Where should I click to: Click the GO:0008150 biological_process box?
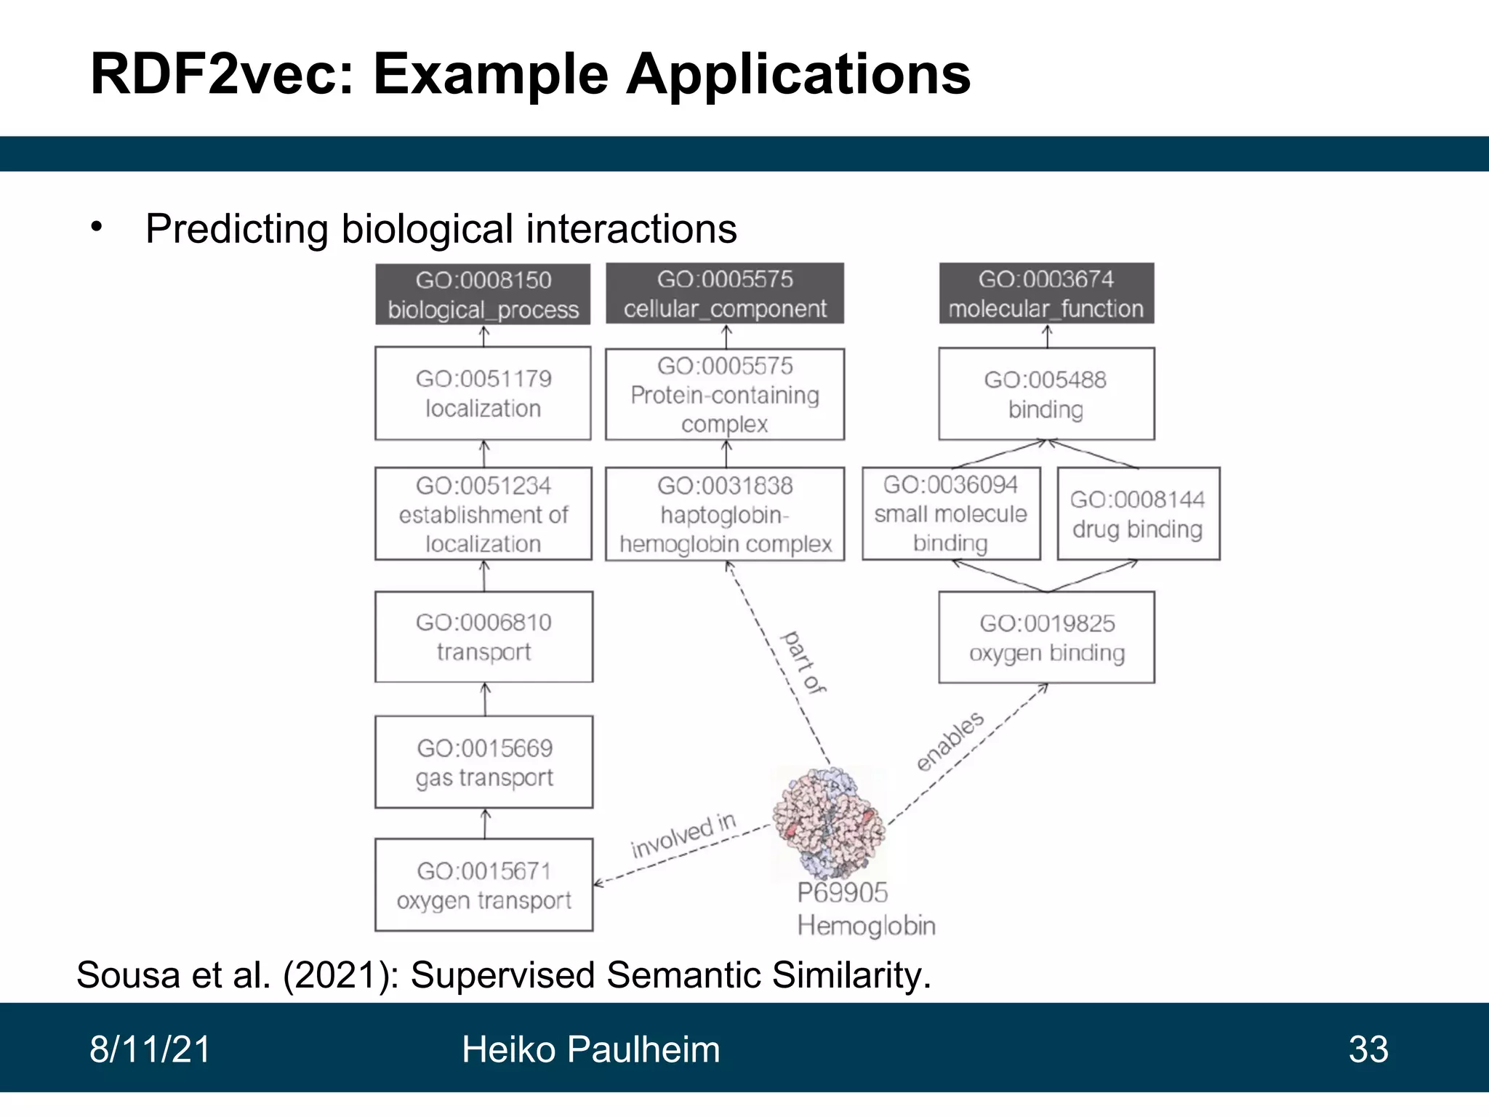click(x=483, y=294)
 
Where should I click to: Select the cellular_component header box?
click(x=725, y=293)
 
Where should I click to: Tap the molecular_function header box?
click(x=1046, y=293)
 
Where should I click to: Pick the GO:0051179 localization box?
click(x=483, y=393)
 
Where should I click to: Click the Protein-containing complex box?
click(x=725, y=394)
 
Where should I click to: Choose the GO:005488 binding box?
click(x=1046, y=393)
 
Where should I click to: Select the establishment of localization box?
click(x=483, y=513)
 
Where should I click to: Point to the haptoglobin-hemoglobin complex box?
click(x=725, y=513)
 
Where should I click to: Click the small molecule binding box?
click(x=951, y=513)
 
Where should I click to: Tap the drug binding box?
click(x=1138, y=513)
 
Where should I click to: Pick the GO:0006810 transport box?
click(x=483, y=636)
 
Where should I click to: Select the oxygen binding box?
click(x=1046, y=637)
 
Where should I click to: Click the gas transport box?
click(x=483, y=762)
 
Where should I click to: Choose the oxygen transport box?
click(x=483, y=885)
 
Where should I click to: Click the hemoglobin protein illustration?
click(x=829, y=822)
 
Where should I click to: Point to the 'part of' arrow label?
click(x=803, y=662)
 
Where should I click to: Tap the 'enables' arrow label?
click(x=950, y=740)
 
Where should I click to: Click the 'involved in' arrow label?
click(x=683, y=836)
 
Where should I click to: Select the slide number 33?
click(x=1368, y=1049)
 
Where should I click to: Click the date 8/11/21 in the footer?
click(x=150, y=1049)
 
